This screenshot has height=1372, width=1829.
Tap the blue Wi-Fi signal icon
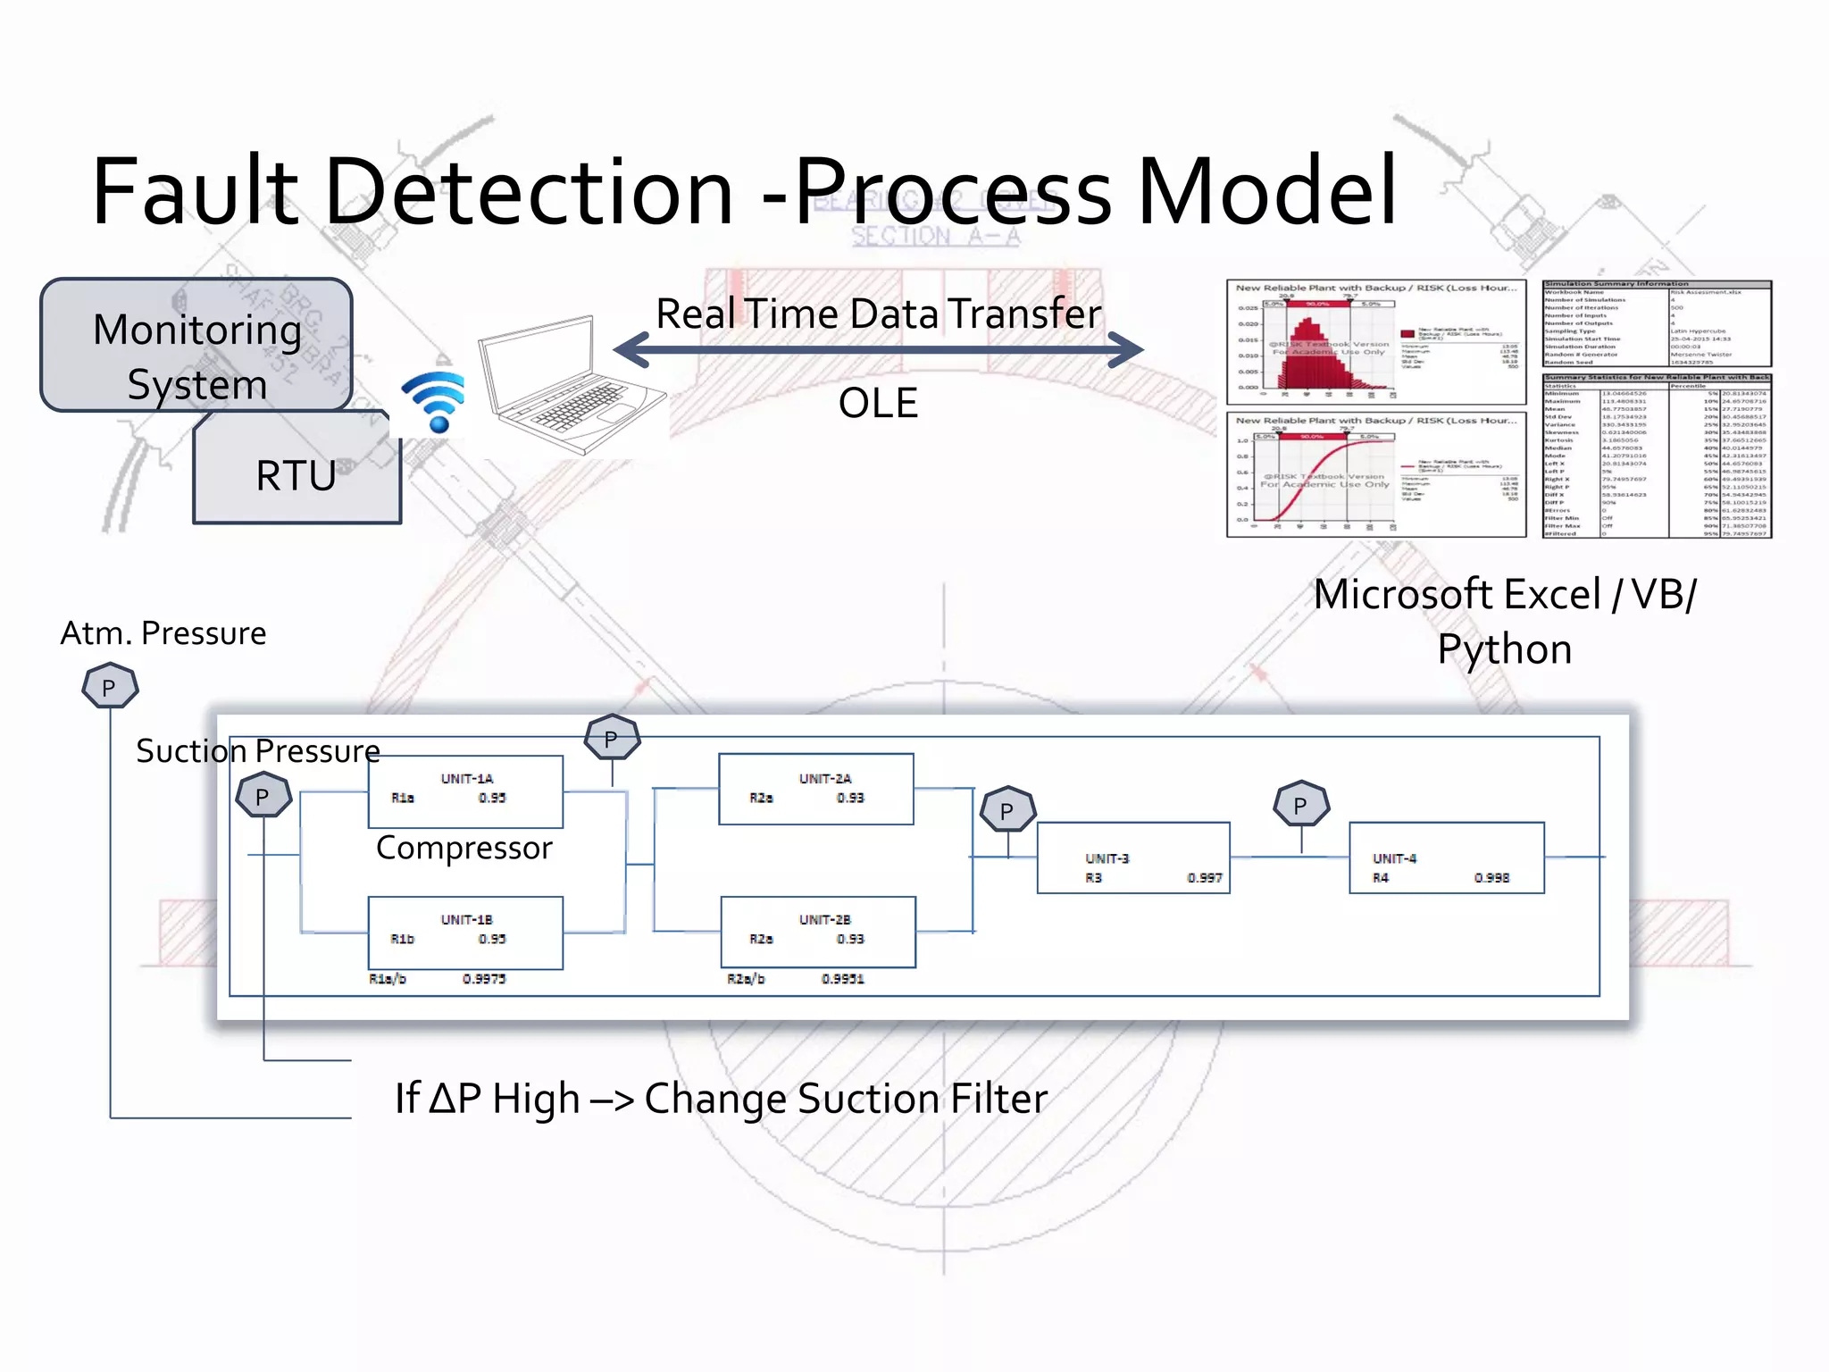[435, 402]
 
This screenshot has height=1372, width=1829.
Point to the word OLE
[878, 403]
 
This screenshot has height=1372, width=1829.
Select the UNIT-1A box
[465, 791]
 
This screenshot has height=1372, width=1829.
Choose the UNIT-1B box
[465, 933]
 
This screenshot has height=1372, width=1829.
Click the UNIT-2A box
[815, 789]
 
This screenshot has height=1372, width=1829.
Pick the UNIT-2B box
[817, 932]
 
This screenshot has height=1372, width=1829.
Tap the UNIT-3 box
[1132, 857]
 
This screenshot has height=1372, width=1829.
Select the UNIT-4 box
[1446, 857]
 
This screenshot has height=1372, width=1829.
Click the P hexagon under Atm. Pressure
[110, 686]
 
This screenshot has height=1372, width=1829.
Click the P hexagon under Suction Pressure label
[263, 796]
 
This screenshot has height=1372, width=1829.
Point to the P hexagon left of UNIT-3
[1007, 810]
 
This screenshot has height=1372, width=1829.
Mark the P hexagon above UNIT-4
[1301, 804]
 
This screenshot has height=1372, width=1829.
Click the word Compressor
[464, 848]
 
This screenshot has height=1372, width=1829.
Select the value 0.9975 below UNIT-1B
[484, 979]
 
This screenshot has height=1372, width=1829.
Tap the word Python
[1504, 649]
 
